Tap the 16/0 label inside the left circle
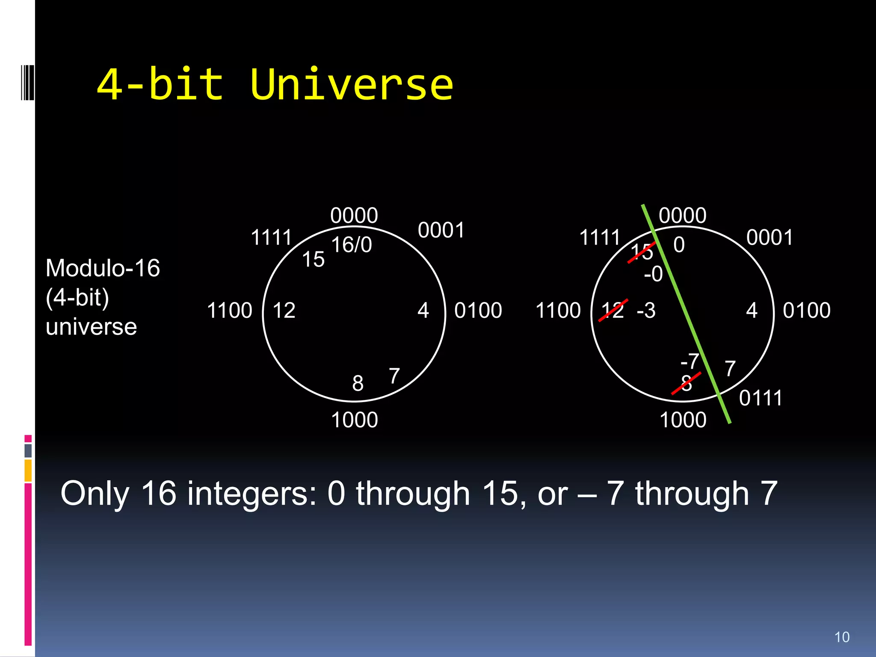351,245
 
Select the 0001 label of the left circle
441,231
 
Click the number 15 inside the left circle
313,259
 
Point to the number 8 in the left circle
358,383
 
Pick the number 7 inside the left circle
394,376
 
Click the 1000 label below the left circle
354,420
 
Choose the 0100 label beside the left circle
478,310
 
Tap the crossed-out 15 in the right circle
642,252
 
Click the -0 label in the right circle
653,274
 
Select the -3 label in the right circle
646,310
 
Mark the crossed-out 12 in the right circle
613,310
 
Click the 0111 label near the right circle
761,398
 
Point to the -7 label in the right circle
690,361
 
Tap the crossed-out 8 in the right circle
686,383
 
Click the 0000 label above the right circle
682,215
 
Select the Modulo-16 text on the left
103,268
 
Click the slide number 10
842,637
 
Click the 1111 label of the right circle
599,237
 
